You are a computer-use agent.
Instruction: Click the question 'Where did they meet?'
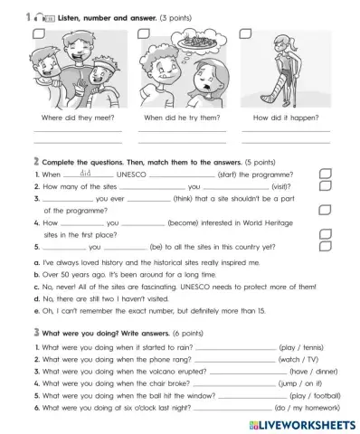coord(78,118)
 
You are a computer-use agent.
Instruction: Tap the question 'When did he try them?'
coord(182,118)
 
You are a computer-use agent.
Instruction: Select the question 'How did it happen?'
coord(285,118)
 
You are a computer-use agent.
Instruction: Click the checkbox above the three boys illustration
coord(38,34)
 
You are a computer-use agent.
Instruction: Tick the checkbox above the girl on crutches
coord(244,34)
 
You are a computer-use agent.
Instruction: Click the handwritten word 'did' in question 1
coord(77,172)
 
